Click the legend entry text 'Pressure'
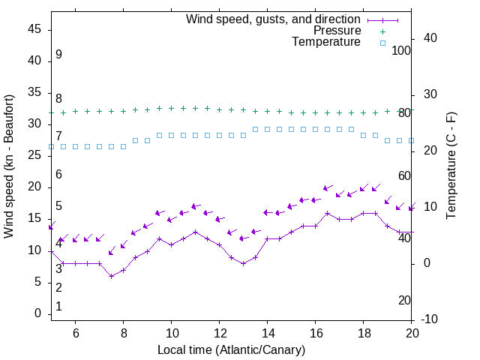click(337, 31)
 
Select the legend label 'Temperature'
click(326, 42)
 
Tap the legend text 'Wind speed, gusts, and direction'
click(274, 19)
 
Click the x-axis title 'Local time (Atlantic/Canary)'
click(231, 350)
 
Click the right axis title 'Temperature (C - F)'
click(451, 166)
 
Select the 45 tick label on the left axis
click(34, 29)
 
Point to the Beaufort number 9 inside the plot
click(58, 55)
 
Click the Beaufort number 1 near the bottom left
click(58, 307)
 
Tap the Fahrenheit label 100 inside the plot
click(401, 50)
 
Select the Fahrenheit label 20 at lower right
click(404, 300)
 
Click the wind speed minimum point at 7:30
click(112, 276)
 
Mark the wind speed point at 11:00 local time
click(196, 232)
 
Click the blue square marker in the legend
click(382, 43)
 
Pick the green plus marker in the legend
click(382, 31)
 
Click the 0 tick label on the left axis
click(37, 313)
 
